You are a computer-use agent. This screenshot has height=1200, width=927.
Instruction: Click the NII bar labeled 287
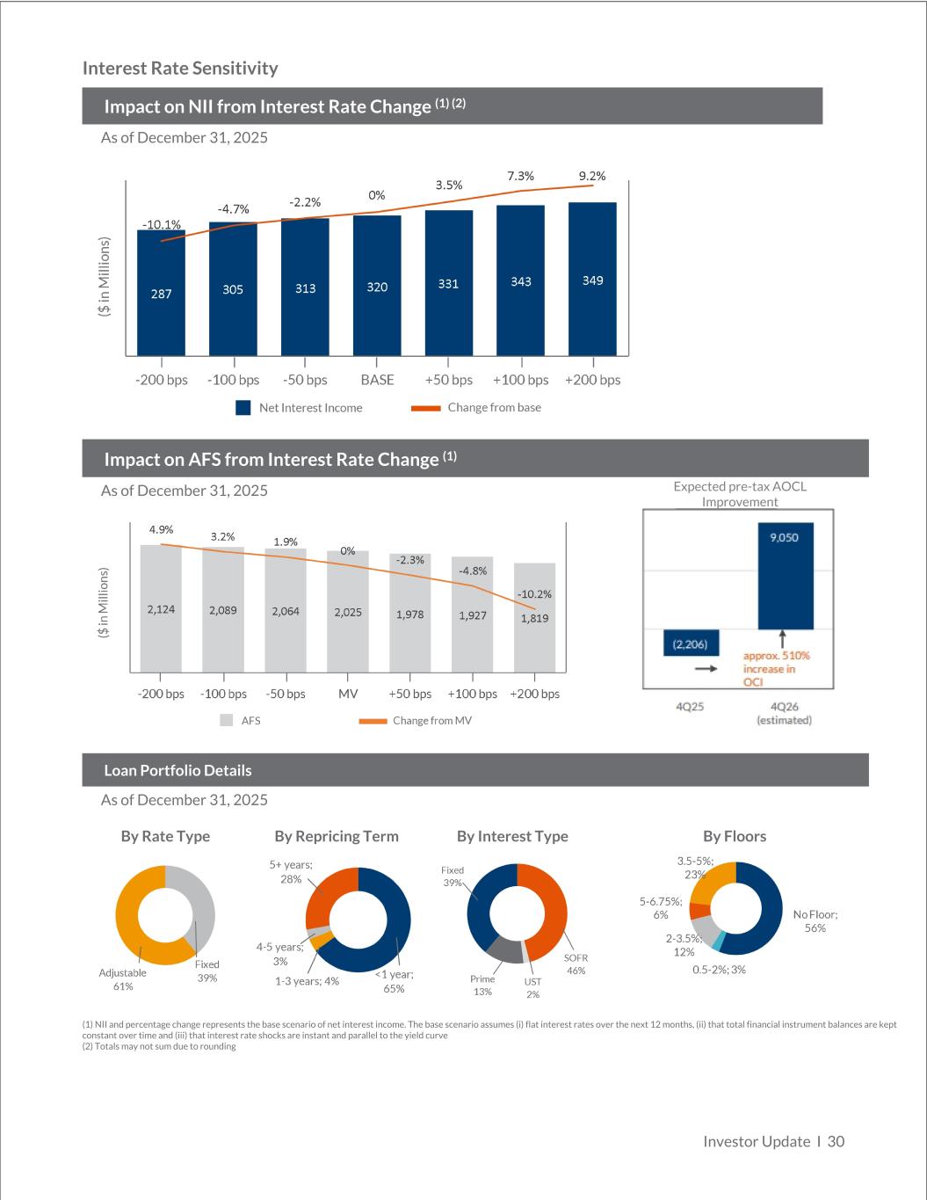[x=162, y=292]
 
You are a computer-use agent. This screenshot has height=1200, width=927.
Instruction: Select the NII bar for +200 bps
[x=593, y=279]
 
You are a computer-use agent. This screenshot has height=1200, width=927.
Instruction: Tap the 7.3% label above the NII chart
[x=520, y=177]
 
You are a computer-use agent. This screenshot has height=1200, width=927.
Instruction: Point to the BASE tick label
[x=377, y=380]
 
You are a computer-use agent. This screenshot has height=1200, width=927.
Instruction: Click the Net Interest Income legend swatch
[x=243, y=408]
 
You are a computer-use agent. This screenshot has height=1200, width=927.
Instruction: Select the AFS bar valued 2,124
[x=161, y=608]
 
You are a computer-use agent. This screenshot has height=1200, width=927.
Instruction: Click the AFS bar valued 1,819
[x=534, y=617]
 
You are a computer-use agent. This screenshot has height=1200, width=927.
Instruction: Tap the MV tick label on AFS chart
[x=348, y=694]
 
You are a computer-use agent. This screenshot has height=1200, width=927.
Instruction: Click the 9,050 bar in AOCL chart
[x=785, y=576]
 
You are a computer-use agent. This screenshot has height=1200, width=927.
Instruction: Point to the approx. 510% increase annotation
[x=776, y=668]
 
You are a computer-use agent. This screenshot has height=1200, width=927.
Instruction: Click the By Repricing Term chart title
[x=337, y=836]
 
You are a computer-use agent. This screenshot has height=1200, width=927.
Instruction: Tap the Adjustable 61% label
[x=123, y=979]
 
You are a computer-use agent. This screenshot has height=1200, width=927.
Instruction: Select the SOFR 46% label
[x=576, y=964]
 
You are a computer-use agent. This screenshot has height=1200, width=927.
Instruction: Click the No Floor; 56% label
[x=815, y=921]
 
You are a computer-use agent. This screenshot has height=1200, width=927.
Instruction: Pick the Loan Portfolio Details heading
[x=177, y=770]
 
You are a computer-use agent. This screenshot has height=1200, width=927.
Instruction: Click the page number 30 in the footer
[x=836, y=1141]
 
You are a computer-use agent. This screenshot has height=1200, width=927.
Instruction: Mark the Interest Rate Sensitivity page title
[x=180, y=69]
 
